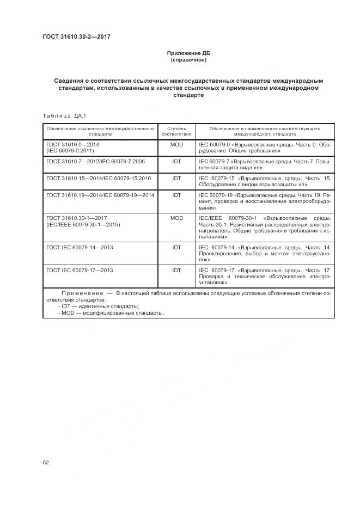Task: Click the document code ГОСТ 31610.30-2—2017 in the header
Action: coord(72,36)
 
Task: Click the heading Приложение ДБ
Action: coord(188,53)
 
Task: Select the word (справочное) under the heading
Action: coord(188,60)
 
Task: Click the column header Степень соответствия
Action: coord(176,131)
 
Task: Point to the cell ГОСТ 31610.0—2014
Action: coord(73,145)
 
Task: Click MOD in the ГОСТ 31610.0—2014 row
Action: coord(176,145)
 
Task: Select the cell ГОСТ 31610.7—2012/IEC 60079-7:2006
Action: coord(95,162)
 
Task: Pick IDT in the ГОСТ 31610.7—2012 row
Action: coord(176,162)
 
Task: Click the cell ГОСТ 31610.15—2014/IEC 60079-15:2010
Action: coord(99,178)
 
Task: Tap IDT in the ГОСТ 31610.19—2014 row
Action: coord(176,194)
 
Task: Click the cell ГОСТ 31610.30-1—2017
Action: coord(76,218)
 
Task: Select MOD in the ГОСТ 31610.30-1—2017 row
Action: coord(176,218)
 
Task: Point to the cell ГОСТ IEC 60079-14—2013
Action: coord(80,247)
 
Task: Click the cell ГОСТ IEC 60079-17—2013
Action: coord(80,270)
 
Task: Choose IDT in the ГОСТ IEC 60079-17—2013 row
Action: coord(176,270)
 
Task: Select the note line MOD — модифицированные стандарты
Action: coord(105,313)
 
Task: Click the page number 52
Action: coord(46,463)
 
